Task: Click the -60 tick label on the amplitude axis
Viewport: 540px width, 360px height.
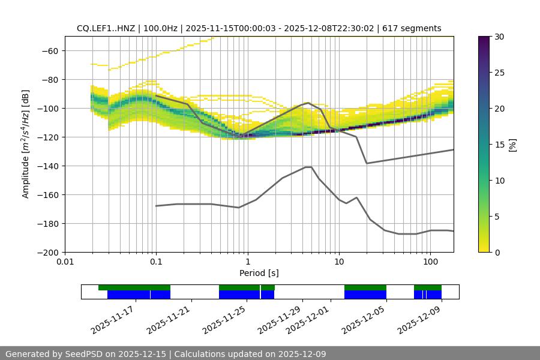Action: click(x=49, y=50)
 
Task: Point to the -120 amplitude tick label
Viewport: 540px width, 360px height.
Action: click(x=47, y=137)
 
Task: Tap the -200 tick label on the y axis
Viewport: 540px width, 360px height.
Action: click(x=47, y=252)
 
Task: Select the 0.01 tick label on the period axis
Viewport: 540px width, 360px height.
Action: click(x=65, y=262)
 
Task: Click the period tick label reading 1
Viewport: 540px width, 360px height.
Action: click(x=247, y=262)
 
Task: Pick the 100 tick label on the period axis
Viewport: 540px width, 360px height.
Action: click(x=430, y=262)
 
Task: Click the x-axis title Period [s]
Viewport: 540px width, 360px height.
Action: click(x=259, y=273)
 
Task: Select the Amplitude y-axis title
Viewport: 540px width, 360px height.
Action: click(x=25, y=144)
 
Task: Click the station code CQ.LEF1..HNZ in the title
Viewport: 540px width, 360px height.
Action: click(x=106, y=28)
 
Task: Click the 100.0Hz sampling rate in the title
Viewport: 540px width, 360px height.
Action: click(x=160, y=28)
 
